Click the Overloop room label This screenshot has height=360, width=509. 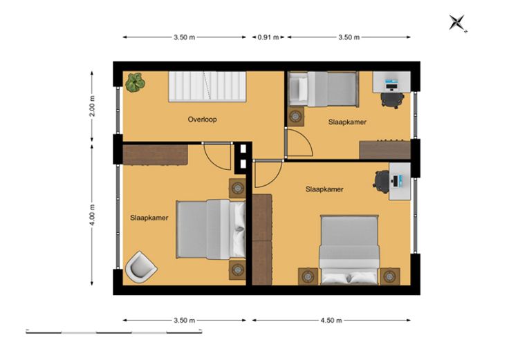pos(202,120)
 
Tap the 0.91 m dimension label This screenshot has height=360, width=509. pos(268,37)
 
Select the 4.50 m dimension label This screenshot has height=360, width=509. pos(331,321)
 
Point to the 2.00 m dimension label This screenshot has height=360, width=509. pos(92,106)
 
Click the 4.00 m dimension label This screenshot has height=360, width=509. pos(92,215)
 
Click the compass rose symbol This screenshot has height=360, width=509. pos(458,23)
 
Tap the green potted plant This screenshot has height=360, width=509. pos(135,82)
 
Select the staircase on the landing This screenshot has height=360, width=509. pos(207,87)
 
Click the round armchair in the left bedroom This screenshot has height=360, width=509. pos(141,267)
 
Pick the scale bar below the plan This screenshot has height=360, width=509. pos(114,332)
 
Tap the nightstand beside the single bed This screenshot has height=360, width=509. pos(295,117)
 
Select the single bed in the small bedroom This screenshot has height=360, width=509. pos(324,89)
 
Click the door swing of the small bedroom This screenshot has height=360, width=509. pos(299,144)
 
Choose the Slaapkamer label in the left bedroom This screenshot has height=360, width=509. pos(149,218)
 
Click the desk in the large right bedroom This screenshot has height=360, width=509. pos(400,181)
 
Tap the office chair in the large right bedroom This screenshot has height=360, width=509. pos(381,182)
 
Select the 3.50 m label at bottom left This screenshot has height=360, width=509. pos(185,321)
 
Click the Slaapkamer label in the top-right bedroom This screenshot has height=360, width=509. pos(347,122)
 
